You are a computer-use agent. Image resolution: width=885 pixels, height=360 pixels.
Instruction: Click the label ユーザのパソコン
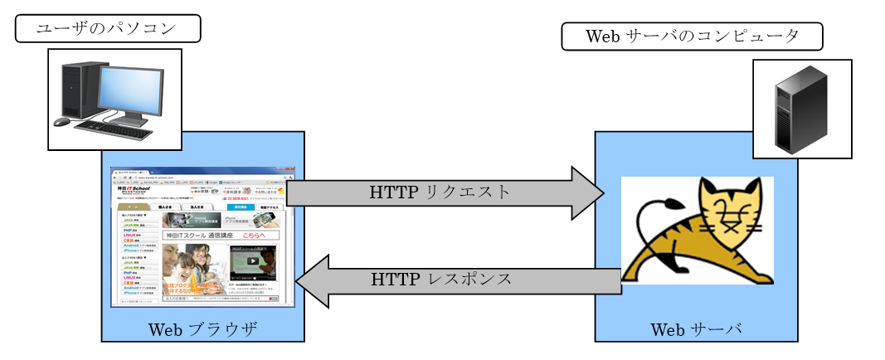click(108, 28)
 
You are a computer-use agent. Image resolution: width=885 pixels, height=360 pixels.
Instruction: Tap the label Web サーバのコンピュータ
click(692, 36)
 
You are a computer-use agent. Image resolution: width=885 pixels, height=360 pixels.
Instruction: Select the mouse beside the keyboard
click(62, 122)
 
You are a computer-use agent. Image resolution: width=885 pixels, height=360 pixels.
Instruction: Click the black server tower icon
click(800, 108)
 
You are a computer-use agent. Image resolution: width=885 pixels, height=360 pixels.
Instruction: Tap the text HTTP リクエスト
click(440, 192)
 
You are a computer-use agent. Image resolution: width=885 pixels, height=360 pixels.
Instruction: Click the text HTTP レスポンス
click(440, 278)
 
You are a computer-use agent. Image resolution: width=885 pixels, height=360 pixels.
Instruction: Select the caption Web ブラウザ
click(202, 329)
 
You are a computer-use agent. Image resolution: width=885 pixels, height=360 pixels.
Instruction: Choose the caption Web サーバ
click(695, 329)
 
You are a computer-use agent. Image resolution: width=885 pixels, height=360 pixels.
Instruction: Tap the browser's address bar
click(199, 177)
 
